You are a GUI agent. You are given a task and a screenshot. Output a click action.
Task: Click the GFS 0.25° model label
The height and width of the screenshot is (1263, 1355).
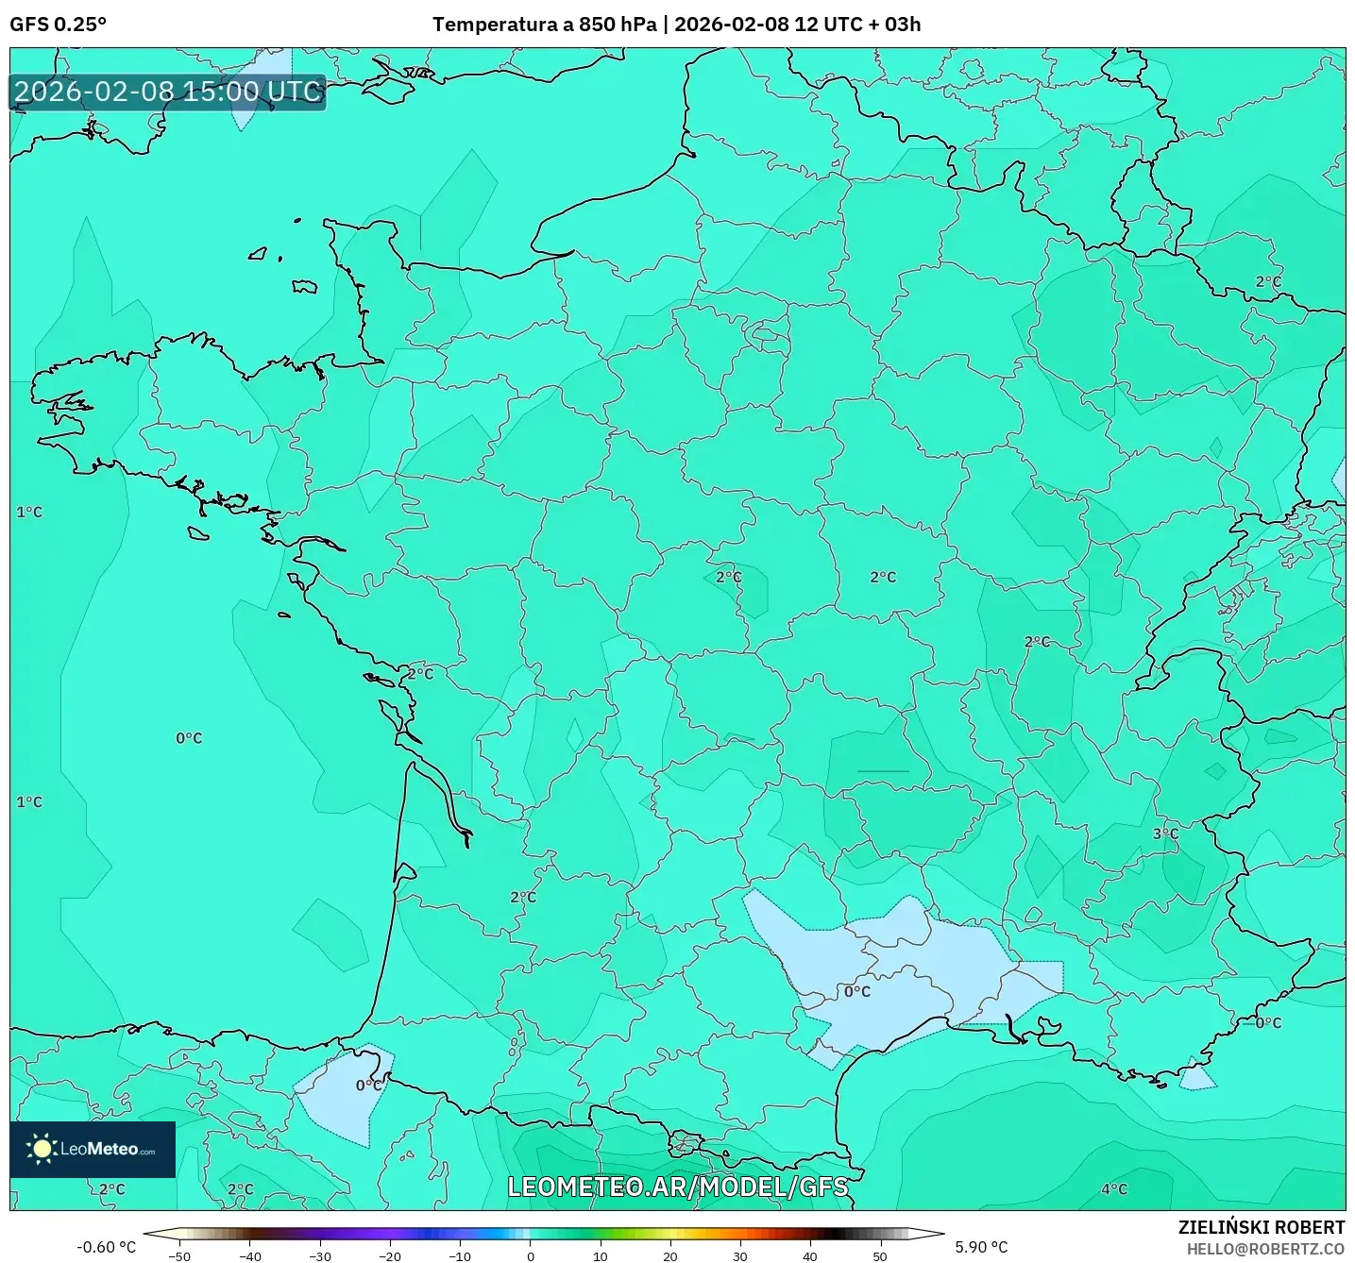pos(58,25)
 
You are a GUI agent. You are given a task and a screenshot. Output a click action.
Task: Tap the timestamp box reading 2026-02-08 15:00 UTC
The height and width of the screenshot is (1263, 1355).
pos(168,93)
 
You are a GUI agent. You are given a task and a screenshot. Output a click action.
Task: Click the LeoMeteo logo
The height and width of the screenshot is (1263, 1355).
pos(93,1149)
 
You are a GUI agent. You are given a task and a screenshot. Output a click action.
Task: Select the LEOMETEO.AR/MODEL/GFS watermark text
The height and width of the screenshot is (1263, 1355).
pos(677,1187)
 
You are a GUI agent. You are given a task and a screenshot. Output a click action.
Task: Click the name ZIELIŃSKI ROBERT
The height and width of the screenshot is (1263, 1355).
pos(1261,1227)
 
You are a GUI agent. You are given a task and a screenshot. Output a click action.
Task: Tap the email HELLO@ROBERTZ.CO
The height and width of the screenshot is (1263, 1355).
pos(1265,1249)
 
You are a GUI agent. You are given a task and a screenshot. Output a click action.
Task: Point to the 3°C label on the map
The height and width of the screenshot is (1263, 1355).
pos(1165,834)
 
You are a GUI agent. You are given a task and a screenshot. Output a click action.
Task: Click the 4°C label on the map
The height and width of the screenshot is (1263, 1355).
pos(1114,1189)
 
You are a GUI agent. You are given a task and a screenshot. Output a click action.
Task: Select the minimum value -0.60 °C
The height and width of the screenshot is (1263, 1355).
pos(106,1247)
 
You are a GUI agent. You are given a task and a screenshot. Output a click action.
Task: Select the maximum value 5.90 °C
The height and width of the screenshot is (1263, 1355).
pos(981,1247)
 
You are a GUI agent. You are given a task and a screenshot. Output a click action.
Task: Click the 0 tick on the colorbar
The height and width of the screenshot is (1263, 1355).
pos(530,1256)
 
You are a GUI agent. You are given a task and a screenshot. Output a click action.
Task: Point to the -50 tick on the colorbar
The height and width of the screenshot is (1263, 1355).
pos(178,1256)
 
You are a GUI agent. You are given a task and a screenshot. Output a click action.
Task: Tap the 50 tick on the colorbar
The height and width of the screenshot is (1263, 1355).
pos(880,1256)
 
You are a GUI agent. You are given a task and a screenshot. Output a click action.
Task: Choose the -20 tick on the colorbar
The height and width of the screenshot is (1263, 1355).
pos(389,1256)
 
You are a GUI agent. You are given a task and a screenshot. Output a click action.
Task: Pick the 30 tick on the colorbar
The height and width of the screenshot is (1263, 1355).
pos(739,1256)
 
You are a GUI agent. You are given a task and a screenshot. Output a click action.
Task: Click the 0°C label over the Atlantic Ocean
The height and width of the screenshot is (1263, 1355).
pos(189,738)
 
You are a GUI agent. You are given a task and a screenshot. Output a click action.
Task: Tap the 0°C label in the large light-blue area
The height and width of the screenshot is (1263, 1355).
pos(857,992)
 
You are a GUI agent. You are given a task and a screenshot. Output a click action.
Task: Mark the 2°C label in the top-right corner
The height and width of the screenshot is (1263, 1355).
pos(1268,281)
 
